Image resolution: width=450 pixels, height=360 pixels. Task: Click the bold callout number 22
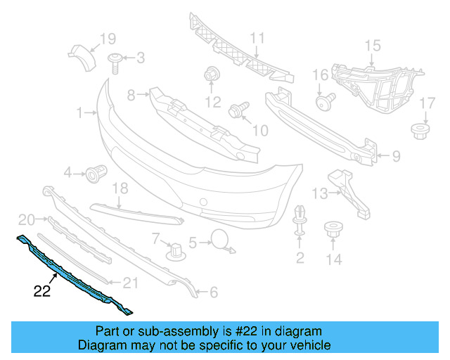[x=42, y=291]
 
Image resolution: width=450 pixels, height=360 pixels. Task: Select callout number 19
[x=108, y=39]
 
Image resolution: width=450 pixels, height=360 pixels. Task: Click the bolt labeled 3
[x=115, y=63]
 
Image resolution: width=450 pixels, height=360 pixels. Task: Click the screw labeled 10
[x=239, y=110]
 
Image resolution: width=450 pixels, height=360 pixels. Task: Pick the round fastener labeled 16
[x=325, y=101]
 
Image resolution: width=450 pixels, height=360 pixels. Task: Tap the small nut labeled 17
[x=420, y=131]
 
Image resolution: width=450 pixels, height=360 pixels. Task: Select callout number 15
[x=373, y=46]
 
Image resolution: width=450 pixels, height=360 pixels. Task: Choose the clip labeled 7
[x=176, y=252]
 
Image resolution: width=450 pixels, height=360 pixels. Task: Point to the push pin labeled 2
[x=300, y=220]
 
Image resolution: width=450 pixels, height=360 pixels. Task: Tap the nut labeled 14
[x=333, y=229]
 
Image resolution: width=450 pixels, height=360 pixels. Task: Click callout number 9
[x=396, y=157]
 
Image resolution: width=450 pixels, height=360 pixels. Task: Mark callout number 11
[x=257, y=38]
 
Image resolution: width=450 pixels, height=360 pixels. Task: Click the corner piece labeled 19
[x=82, y=57]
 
